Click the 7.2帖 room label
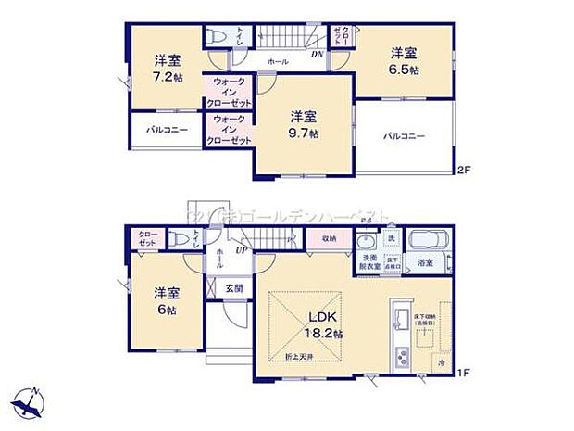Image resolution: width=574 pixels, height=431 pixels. [168, 70]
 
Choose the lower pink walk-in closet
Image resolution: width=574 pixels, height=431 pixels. [229, 130]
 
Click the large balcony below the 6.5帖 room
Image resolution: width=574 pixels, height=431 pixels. [405, 136]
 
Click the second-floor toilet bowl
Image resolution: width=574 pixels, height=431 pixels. [218, 37]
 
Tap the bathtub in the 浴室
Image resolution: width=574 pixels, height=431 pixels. [429, 241]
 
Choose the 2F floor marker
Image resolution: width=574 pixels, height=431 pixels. [464, 170]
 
